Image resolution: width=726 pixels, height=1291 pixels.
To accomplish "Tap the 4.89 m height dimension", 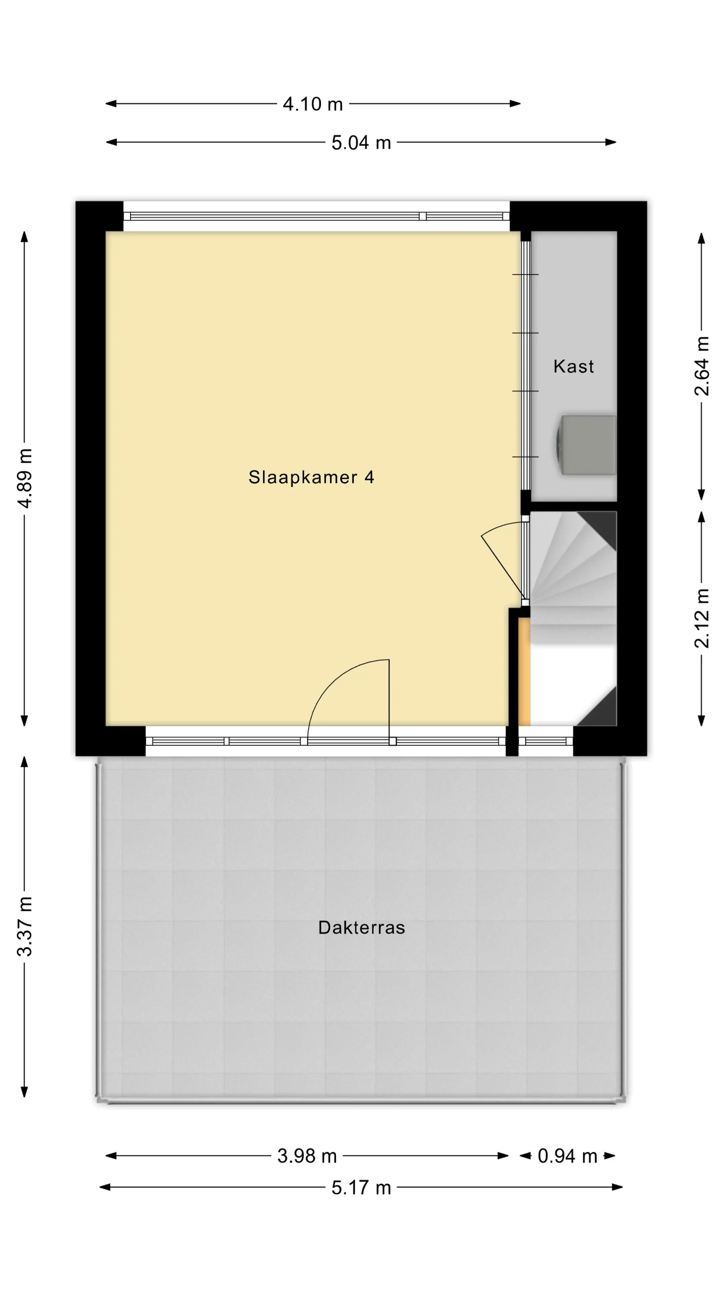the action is [25, 479].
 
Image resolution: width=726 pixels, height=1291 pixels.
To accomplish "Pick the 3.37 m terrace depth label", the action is [25, 926].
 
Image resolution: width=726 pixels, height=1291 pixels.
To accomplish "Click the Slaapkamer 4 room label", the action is [311, 477].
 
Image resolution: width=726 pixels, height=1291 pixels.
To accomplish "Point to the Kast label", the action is [574, 366].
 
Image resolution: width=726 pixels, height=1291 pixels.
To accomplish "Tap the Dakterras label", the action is [361, 928].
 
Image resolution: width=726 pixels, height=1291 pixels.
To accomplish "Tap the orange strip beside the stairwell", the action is [524, 672].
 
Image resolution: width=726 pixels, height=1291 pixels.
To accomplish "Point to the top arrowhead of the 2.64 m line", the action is [701, 238].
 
